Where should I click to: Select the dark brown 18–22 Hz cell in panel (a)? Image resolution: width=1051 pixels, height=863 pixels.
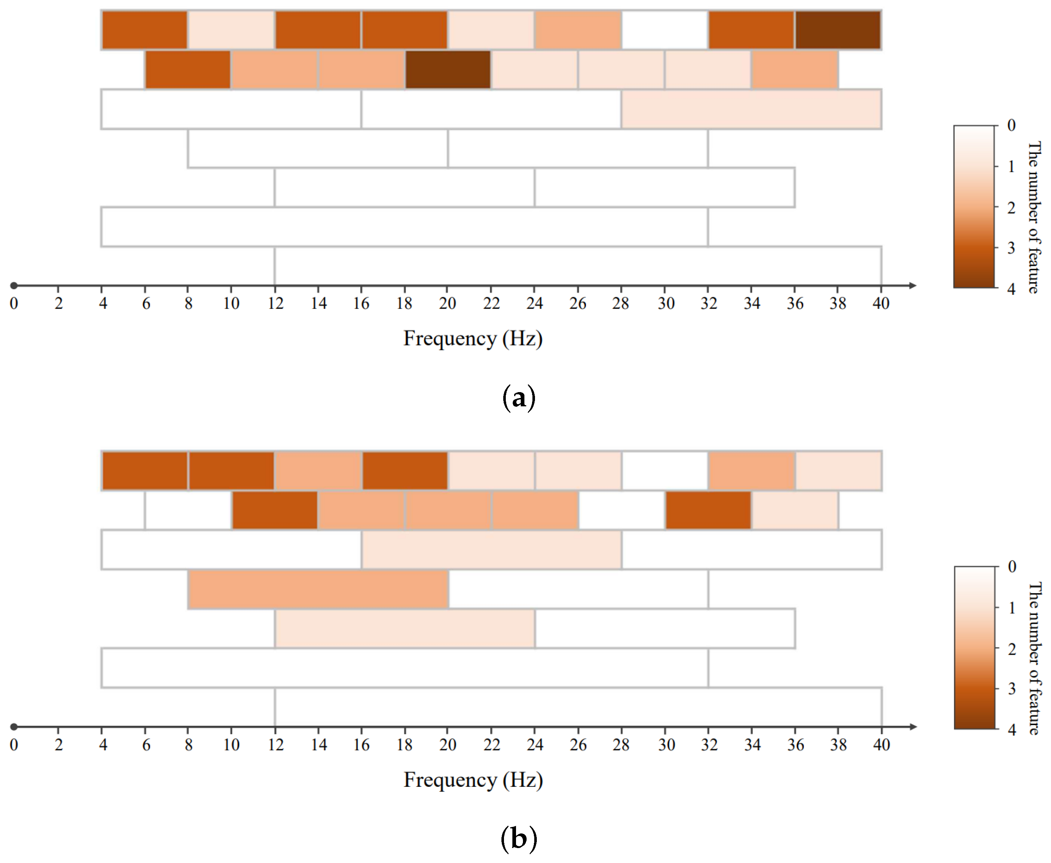pyautogui.click(x=448, y=70)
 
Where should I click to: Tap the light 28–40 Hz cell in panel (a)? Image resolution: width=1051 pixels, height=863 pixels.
pyautogui.click(x=751, y=109)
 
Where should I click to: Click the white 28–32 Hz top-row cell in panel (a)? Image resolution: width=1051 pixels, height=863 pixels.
pyautogui.click(x=664, y=30)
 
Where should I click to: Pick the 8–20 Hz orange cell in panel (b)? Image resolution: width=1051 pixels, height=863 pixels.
pyautogui.click(x=318, y=589)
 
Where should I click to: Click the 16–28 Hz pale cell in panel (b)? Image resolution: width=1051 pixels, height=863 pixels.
pyautogui.click(x=492, y=549)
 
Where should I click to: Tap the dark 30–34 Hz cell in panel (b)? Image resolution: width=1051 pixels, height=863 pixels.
pyautogui.click(x=708, y=510)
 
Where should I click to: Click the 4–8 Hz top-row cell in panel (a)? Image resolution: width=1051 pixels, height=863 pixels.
pyautogui.click(x=145, y=30)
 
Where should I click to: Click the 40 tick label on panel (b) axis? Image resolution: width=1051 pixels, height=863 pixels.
pyautogui.click(x=881, y=745)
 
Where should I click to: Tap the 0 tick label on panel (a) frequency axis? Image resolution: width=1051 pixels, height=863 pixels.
pyautogui.click(x=14, y=303)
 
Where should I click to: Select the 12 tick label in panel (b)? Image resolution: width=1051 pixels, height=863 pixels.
pyautogui.click(x=275, y=745)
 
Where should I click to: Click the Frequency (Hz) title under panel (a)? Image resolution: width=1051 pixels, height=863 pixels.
pyautogui.click(x=473, y=338)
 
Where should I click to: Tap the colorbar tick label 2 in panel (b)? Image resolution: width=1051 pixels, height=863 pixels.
pyautogui.click(x=1011, y=648)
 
